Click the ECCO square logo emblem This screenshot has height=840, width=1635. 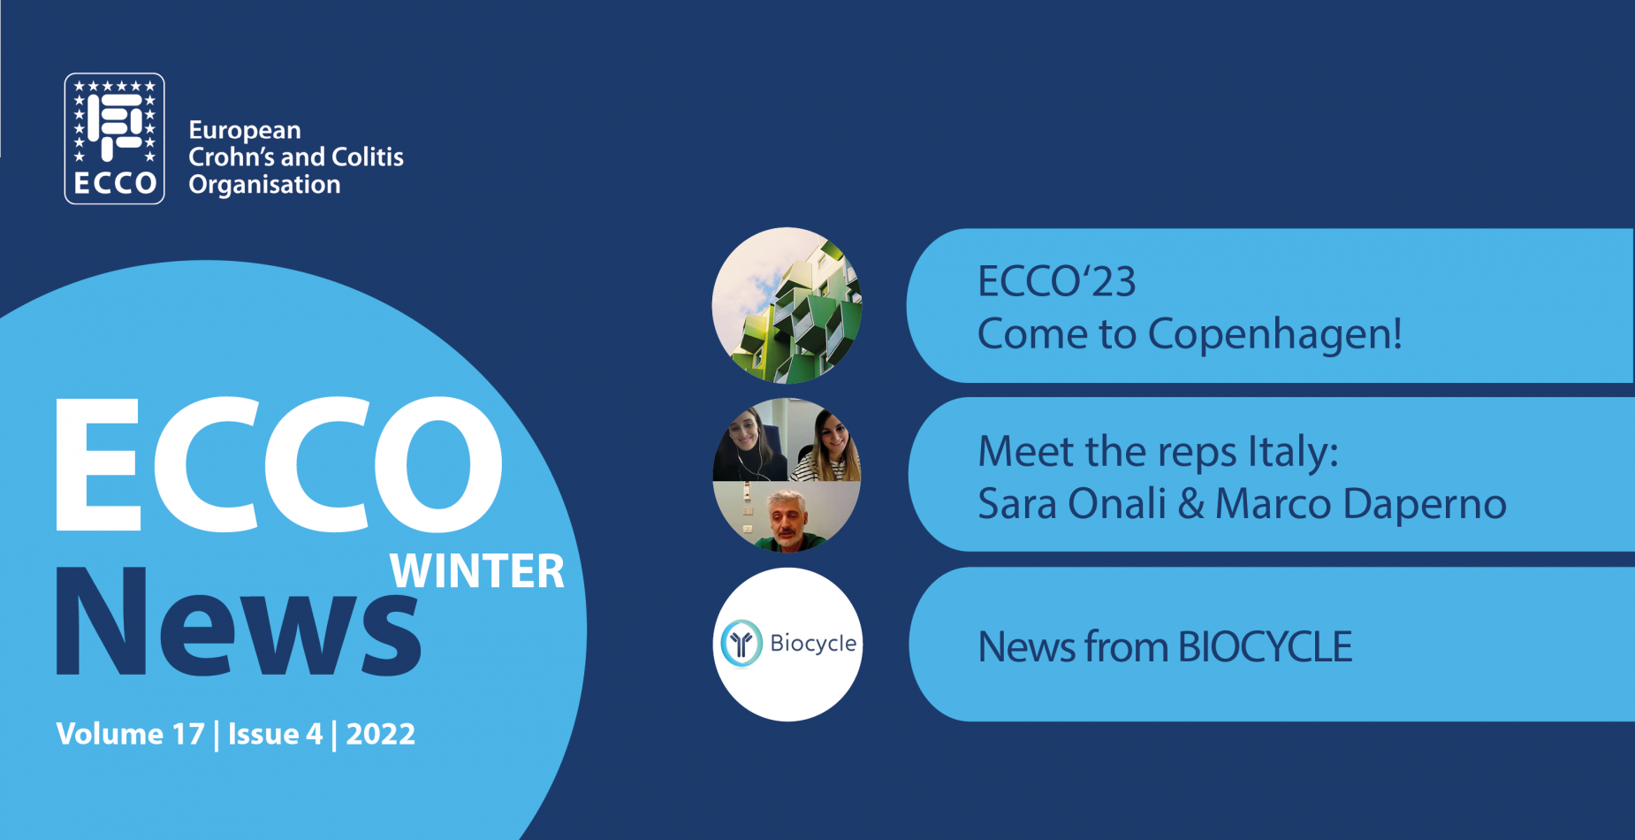[115, 139]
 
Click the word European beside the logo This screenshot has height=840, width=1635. [245, 131]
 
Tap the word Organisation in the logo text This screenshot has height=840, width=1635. [264, 185]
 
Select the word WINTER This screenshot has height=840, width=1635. [477, 571]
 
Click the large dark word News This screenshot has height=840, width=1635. [239, 622]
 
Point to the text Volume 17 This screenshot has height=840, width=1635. [130, 734]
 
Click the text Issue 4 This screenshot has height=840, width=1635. [275, 734]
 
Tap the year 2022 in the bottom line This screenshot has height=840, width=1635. [380, 734]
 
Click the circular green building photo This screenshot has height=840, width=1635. [787, 305]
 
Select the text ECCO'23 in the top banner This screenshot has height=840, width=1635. [1056, 281]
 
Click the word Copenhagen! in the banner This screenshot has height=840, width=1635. [1274, 335]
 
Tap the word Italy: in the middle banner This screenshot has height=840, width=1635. [1293, 453]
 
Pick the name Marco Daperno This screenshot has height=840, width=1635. [1361, 505]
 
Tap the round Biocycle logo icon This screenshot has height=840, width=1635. [741, 643]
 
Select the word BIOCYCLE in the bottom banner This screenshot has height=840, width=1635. [1265, 647]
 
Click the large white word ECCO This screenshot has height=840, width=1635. [279, 464]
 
